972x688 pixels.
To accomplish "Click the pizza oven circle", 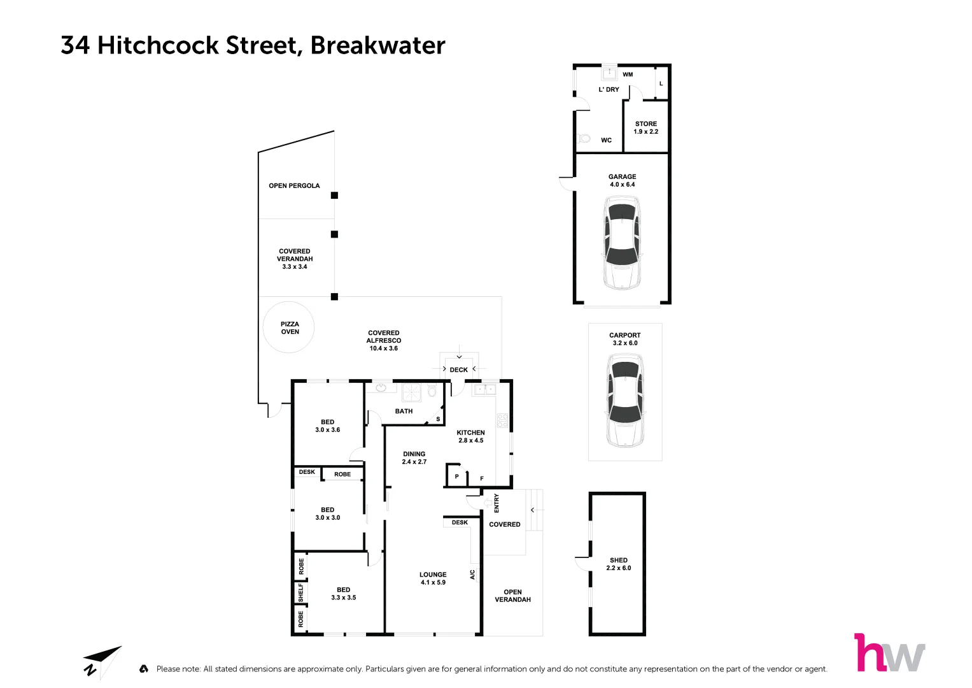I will coord(289,327).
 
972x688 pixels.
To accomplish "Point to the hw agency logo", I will coord(889,653).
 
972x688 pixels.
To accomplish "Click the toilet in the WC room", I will coord(584,138).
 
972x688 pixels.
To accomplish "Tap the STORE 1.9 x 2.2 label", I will coord(645,128).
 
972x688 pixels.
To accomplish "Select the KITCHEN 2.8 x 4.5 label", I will coord(470,436).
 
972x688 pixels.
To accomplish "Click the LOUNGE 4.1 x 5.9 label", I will coord(433,578).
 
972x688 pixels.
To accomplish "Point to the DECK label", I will coord(458,369).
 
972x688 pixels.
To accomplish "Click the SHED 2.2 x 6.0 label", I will coord(618,564).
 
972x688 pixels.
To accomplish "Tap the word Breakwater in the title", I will coord(377,45).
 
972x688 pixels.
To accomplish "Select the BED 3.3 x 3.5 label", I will coord(343,594).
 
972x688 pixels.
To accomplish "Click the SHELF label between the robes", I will coord(300,592).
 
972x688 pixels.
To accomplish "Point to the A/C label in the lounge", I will coord(472,575).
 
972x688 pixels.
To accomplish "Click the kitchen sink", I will coord(484,389).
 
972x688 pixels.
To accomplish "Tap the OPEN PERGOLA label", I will coord(294,186).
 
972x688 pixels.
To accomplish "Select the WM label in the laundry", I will coord(628,75).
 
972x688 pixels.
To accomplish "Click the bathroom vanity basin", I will coord(381,387).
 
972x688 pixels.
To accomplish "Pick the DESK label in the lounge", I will coord(460,522).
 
